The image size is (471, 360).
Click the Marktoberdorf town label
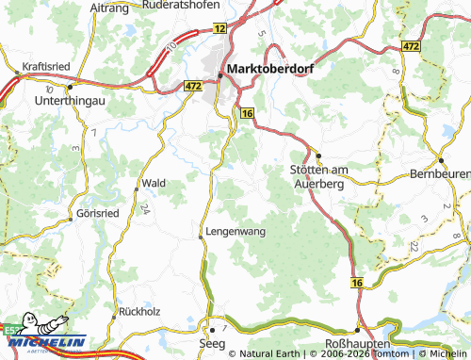[271, 68]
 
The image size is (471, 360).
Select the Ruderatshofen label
[188, 5]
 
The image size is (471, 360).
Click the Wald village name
[154, 183]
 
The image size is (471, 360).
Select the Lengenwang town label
[233, 230]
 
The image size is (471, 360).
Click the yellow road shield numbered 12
[219, 30]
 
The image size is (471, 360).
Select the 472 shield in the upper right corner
[436, 45]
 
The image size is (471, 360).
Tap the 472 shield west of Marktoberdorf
[193, 86]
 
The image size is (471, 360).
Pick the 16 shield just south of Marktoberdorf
[247, 113]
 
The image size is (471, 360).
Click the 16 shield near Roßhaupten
[356, 282]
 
